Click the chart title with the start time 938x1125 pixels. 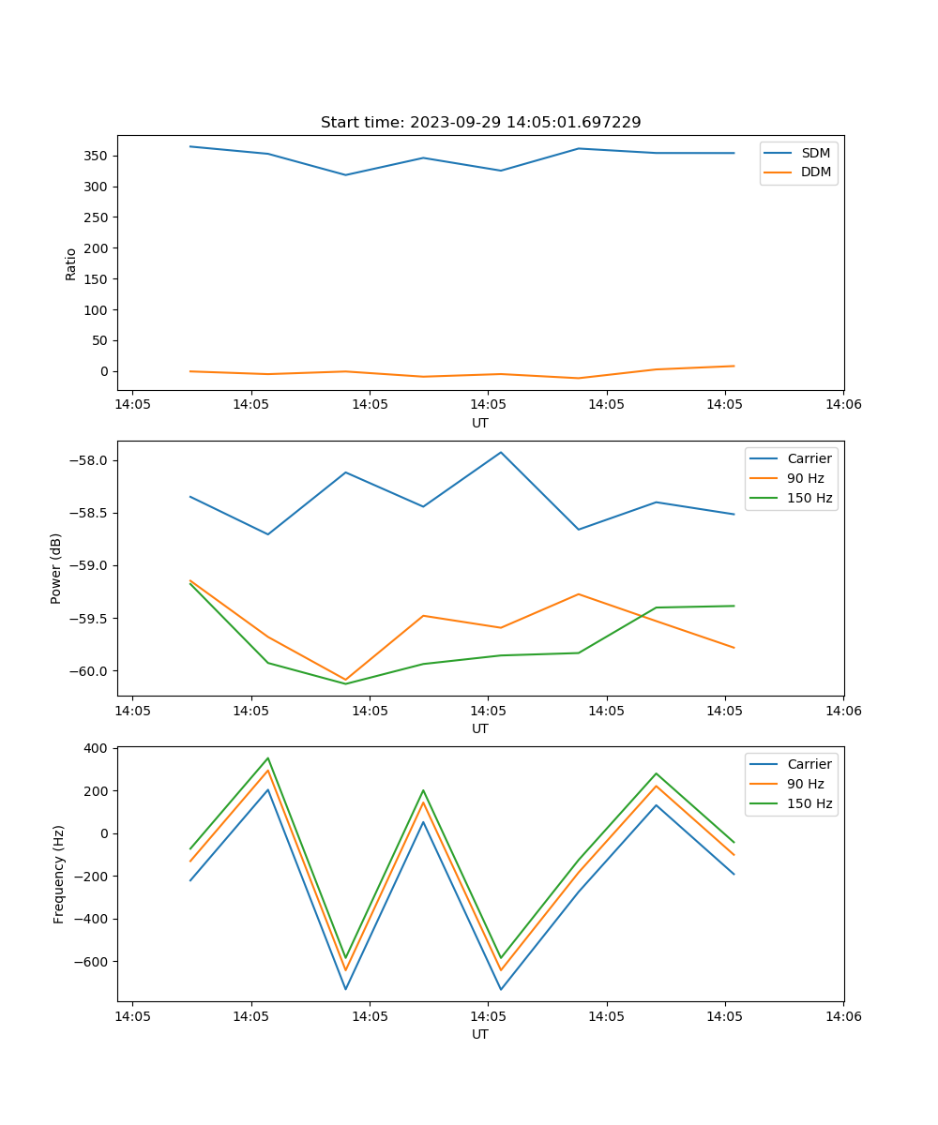tap(480, 122)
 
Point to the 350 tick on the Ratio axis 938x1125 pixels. tap(98, 156)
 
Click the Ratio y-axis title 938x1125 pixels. tap(71, 264)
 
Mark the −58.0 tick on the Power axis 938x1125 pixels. tap(92, 460)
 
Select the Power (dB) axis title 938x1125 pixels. tap(56, 568)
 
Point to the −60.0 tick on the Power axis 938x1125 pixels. tap(92, 670)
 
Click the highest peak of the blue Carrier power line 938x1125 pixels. tap(501, 452)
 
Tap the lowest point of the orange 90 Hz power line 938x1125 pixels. tap(345, 680)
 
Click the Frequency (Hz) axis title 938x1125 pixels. tap(58, 874)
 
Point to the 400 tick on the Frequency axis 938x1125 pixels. tap(97, 748)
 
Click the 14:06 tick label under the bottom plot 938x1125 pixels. tap(842, 1016)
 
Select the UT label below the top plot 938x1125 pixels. tap(480, 423)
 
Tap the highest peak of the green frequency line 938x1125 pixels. tap(267, 758)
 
